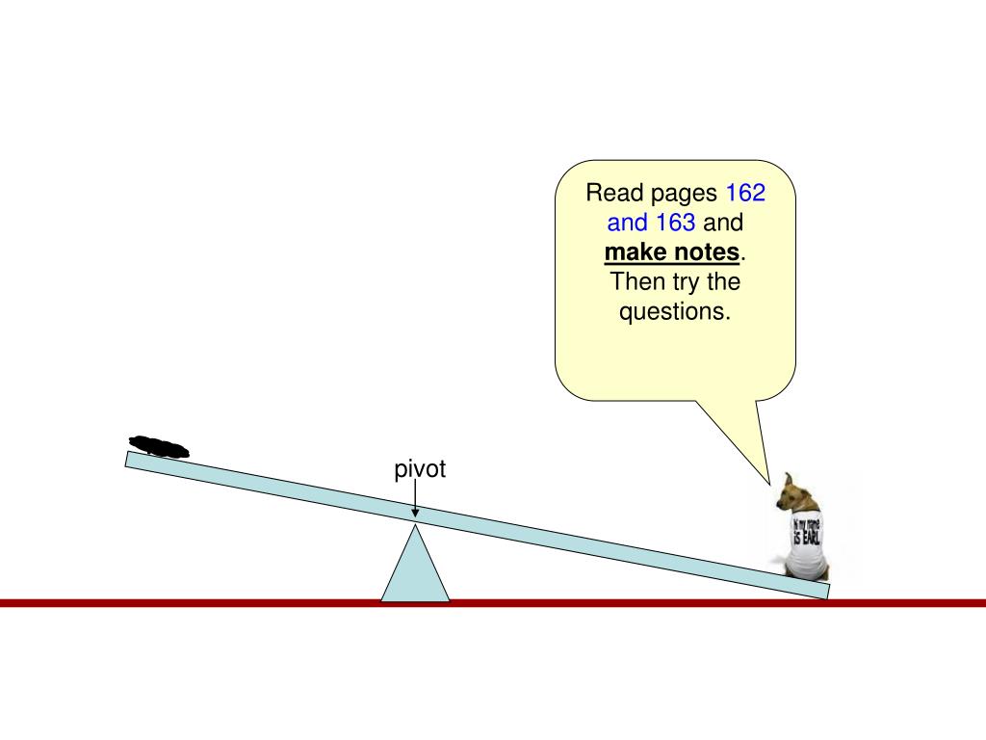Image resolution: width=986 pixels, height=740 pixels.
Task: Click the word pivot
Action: click(421, 470)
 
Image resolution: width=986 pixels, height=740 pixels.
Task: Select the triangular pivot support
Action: click(415, 569)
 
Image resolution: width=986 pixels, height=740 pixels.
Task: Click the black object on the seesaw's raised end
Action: click(160, 446)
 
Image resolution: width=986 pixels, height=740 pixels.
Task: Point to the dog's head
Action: click(795, 493)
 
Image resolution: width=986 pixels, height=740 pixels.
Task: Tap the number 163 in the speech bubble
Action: click(676, 224)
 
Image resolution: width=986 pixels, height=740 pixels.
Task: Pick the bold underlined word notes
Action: click(708, 253)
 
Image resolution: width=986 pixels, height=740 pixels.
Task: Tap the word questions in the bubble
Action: click(674, 312)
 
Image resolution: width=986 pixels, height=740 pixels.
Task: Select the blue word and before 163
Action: click(627, 224)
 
